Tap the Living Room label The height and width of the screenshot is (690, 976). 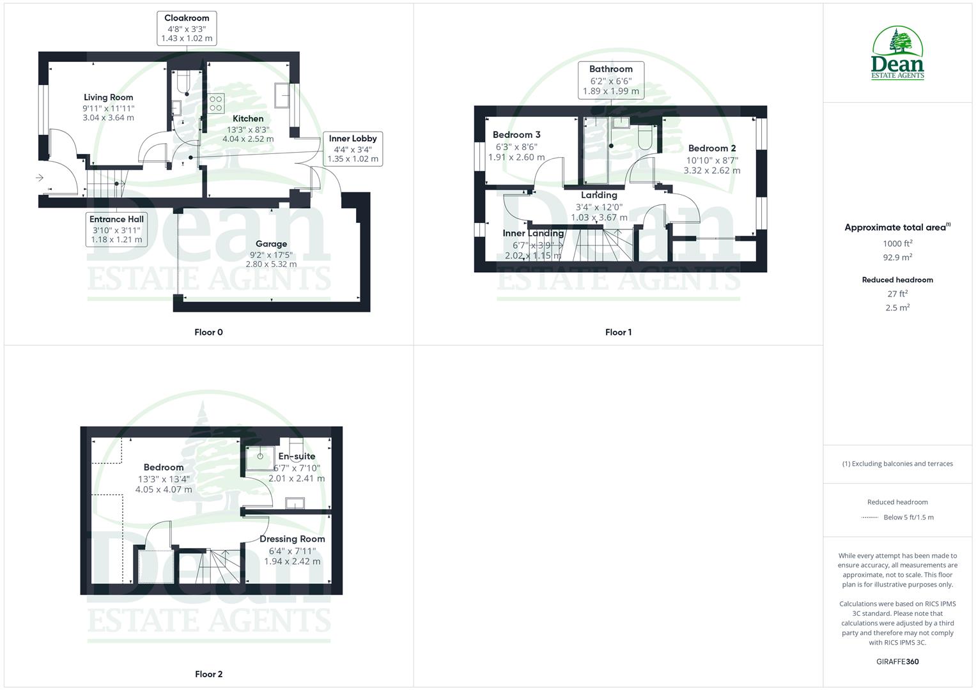click(108, 98)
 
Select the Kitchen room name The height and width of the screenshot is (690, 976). click(248, 119)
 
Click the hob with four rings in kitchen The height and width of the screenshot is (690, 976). click(215, 103)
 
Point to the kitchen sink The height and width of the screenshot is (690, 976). click(282, 96)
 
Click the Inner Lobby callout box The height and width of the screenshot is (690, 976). click(353, 148)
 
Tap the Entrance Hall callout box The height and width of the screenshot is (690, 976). click(116, 229)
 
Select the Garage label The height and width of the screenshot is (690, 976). click(271, 244)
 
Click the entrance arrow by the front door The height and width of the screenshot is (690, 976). click(40, 178)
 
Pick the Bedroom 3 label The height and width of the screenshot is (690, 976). click(516, 135)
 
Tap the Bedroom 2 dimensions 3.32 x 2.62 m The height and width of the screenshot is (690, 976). click(712, 171)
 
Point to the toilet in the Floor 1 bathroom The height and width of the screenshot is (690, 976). click(644, 137)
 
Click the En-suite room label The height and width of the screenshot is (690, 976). click(297, 456)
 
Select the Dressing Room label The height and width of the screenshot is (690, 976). click(292, 539)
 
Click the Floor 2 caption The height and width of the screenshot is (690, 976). click(209, 674)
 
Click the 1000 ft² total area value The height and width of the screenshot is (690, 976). click(897, 243)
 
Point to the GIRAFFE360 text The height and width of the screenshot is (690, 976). click(897, 662)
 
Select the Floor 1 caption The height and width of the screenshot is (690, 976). click(618, 332)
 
